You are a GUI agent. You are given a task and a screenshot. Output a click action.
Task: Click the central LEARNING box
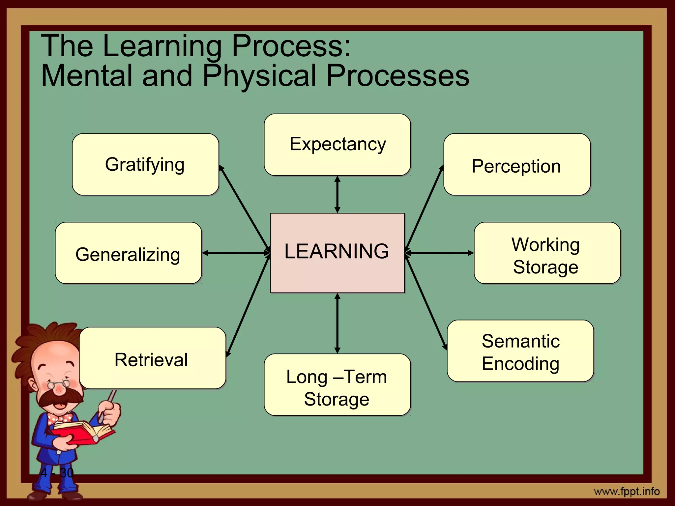point(337,253)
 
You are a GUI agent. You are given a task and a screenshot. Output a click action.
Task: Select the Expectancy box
point(337,145)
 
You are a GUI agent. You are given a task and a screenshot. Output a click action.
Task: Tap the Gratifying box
point(145,164)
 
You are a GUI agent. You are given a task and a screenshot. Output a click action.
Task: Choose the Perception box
point(516,164)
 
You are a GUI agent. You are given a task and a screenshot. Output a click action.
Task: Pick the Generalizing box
point(128,253)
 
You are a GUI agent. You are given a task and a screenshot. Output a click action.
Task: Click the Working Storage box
point(547,253)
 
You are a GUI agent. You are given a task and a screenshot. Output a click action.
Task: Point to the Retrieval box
point(152,358)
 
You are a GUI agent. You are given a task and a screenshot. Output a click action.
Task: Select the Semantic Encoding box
point(520,351)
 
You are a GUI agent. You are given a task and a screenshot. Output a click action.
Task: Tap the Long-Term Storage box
point(337,385)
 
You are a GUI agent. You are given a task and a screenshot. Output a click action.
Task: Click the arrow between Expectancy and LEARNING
point(337,194)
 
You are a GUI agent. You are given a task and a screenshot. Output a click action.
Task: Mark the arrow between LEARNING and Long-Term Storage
point(337,323)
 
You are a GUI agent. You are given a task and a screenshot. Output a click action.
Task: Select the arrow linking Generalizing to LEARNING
point(236,253)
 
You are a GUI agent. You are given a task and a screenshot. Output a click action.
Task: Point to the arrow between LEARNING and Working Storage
point(439,253)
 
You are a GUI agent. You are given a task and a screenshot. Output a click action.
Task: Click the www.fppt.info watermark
point(627,492)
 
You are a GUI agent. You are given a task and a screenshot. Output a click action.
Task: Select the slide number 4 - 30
point(57,473)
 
